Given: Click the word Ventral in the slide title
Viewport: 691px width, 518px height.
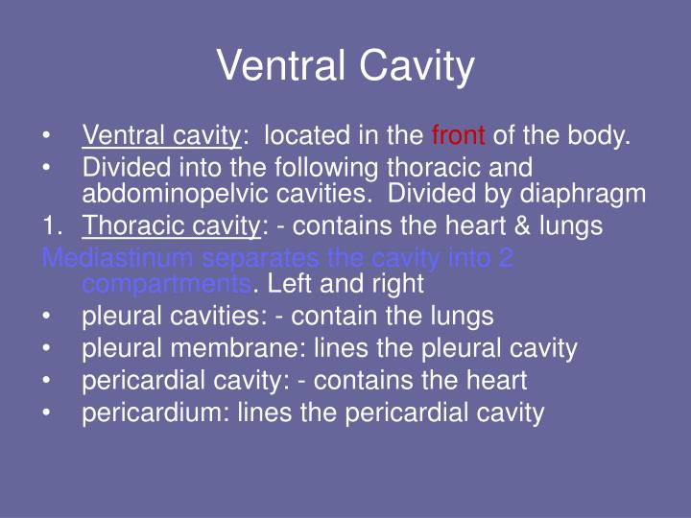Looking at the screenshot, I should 281,67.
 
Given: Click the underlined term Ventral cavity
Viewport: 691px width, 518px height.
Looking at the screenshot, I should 160,136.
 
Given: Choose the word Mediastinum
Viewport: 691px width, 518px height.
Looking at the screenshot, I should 113,258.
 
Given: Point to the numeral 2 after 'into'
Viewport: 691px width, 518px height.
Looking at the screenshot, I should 507,258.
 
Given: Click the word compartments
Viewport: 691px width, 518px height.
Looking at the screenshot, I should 166,284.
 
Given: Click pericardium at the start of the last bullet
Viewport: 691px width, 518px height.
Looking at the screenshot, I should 145,413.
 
